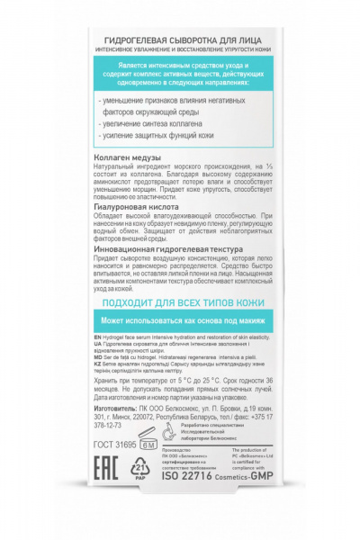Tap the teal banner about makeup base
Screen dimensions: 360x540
click(180, 322)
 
